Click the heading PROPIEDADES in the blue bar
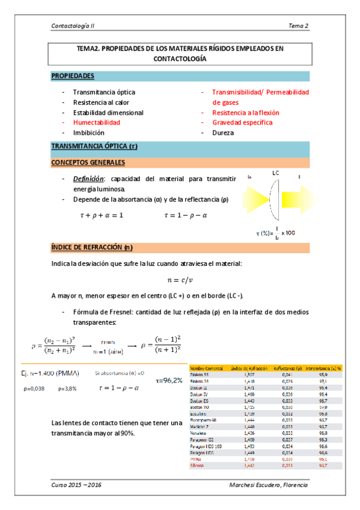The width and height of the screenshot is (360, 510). click(x=73, y=76)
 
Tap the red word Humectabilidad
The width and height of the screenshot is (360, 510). click(x=97, y=123)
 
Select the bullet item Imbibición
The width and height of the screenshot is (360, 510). click(x=88, y=133)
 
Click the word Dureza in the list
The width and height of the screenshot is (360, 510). click(x=223, y=133)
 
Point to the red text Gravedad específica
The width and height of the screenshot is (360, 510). click(x=245, y=123)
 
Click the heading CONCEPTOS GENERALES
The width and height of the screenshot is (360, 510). click(x=88, y=163)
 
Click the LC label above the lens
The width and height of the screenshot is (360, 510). click(x=276, y=173)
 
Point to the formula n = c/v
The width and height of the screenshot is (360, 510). click(x=180, y=280)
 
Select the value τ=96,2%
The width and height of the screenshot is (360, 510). click(x=169, y=381)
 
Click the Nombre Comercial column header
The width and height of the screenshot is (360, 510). click(x=207, y=367)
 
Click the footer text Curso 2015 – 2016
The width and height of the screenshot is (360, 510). click(x=76, y=485)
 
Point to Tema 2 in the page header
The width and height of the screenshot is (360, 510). click(x=298, y=26)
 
